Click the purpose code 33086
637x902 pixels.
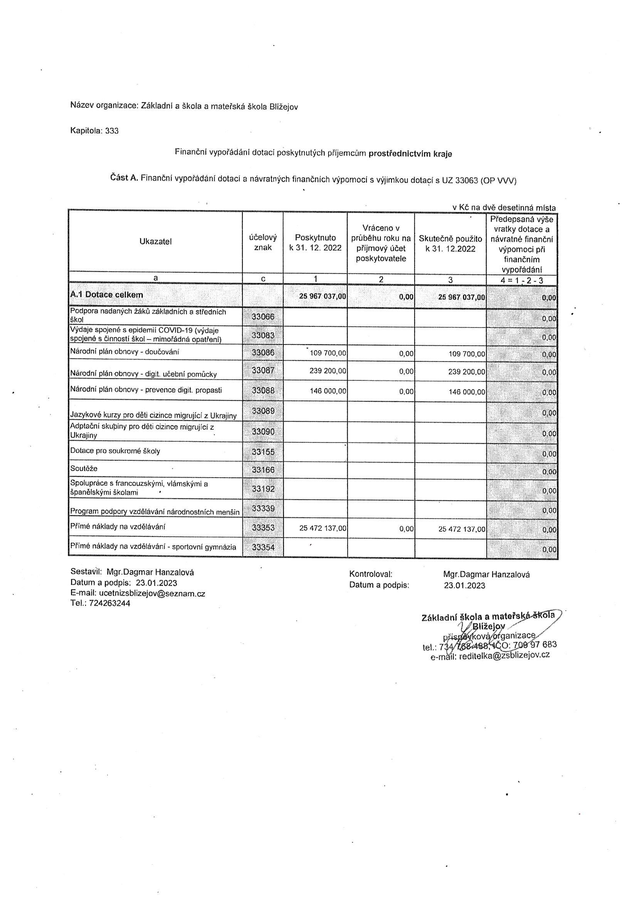263,353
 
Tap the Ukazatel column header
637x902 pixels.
155,242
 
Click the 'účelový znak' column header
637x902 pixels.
263,242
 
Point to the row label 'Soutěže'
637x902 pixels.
84,469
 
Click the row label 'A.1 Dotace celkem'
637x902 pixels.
106,294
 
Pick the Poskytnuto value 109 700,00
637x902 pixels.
328,353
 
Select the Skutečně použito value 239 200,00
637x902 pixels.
467,372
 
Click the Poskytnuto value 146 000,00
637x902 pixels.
328,391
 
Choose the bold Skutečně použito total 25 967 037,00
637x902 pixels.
462,297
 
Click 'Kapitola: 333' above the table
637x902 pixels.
94,131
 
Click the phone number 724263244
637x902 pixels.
109,603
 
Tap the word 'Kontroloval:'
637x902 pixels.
370,574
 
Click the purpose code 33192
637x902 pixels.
263,489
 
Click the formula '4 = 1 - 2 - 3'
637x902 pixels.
522,280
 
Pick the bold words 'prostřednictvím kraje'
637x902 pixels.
410,154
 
